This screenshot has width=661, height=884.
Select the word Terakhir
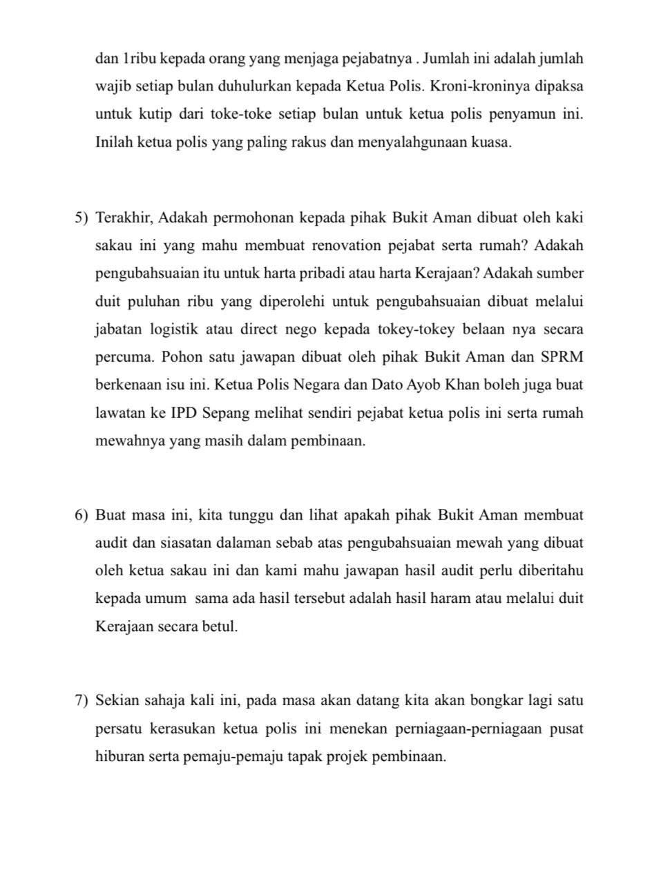tap(124, 218)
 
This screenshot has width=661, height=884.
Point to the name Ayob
tap(420, 385)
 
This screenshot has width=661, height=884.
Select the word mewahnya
tap(124, 441)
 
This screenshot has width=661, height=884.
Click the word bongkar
tap(497, 701)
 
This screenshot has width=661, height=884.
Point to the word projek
tap(345, 756)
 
